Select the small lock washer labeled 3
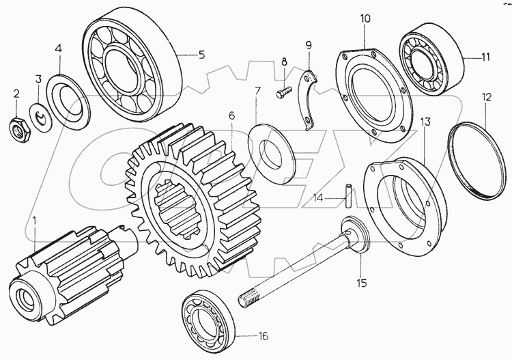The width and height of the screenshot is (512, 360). click(x=42, y=119)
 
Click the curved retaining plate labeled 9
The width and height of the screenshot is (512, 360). click(x=308, y=103)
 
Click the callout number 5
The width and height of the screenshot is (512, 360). click(x=201, y=55)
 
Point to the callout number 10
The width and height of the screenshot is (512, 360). click(x=365, y=18)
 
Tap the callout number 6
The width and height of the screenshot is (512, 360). click(x=231, y=115)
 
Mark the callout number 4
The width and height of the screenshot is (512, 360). click(x=58, y=49)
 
